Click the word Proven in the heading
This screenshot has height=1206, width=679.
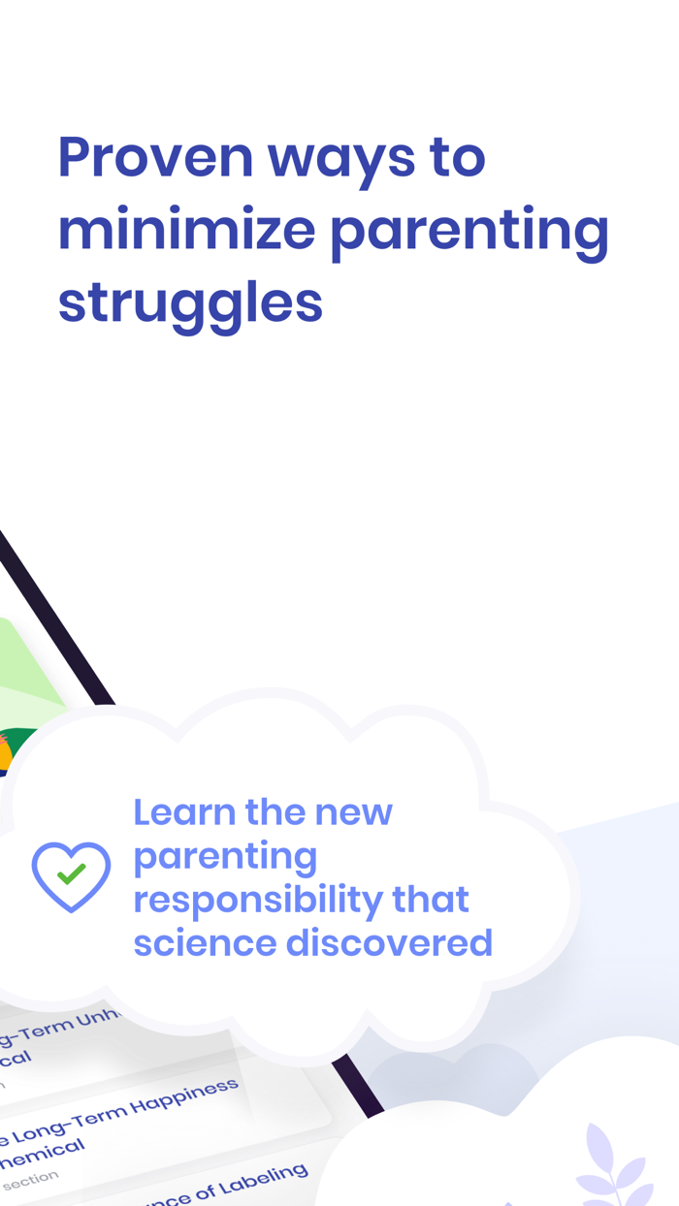click(x=154, y=157)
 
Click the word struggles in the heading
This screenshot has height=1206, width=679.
click(x=190, y=304)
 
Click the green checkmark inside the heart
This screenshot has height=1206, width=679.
click(x=71, y=873)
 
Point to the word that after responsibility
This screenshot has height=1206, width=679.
click(x=431, y=899)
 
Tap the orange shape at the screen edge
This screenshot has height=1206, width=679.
click(x=5, y=752)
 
